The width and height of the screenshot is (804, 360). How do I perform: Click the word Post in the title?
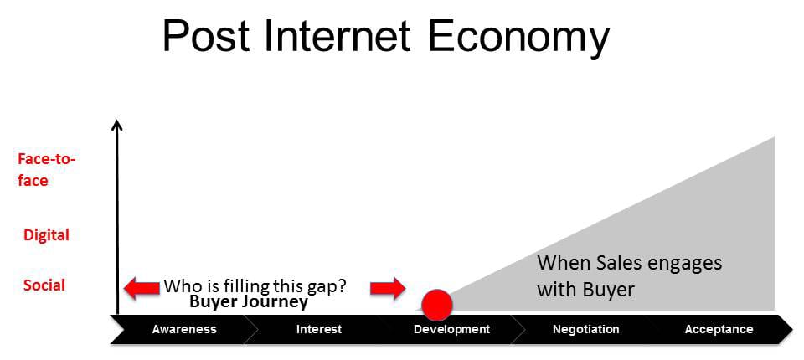206,36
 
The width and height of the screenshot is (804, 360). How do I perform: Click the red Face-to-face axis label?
46,170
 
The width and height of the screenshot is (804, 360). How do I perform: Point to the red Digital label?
46,235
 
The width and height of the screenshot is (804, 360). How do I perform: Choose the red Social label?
44,285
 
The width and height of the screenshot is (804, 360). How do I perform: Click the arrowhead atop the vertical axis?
117,125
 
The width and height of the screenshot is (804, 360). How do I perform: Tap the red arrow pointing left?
142,288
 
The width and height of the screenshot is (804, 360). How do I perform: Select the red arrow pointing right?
388,288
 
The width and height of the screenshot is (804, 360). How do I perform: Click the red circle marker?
437,305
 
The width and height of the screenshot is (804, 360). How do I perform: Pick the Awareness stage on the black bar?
184,329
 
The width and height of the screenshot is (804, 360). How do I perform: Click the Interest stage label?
319,329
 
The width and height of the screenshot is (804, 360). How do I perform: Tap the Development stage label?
451,329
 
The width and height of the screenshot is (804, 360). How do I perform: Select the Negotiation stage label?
585,329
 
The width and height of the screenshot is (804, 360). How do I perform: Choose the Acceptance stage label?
719,329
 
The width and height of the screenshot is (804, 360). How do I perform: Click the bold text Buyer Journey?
249,301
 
